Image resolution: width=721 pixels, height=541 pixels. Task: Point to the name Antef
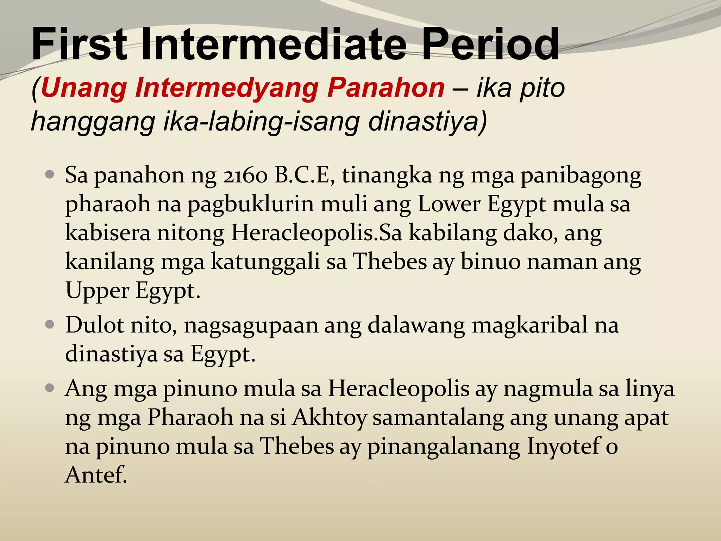pos(95,475)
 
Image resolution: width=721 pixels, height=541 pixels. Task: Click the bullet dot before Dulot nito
pos(50,324)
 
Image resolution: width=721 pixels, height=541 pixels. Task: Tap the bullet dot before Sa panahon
pos(50,174)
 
